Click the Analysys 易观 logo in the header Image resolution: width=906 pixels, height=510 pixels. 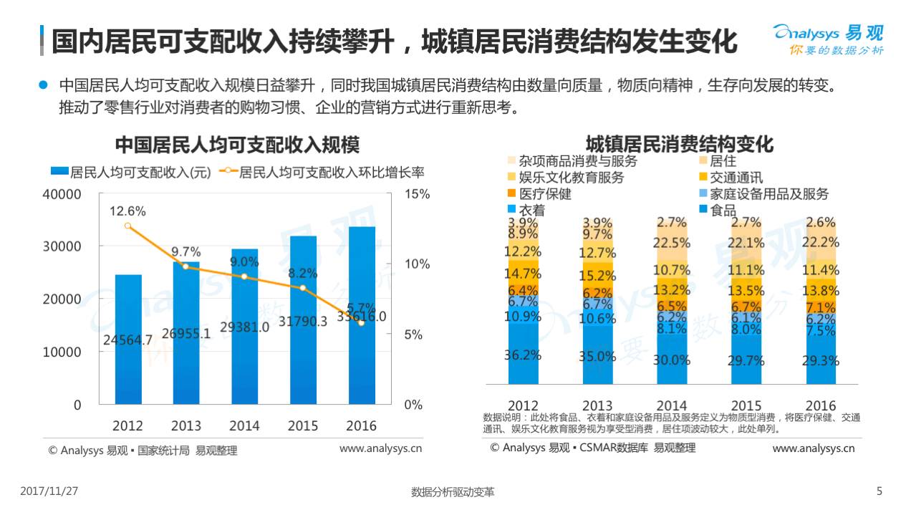coord(828,39)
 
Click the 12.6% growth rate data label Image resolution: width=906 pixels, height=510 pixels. coord(128,211)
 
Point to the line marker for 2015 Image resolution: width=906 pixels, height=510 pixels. coord(303,288)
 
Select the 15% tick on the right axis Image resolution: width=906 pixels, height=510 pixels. coord(417,194)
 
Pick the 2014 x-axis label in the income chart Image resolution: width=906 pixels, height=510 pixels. coord(245,425)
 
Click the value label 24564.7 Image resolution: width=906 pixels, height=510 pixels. coord(128,340)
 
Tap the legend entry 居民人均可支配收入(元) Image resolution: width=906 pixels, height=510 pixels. coord(131,172)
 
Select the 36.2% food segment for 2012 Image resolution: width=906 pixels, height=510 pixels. coord(523,355)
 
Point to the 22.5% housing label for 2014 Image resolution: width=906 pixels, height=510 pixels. coord(672,243)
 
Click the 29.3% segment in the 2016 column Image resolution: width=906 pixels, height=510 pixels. coord(821,360)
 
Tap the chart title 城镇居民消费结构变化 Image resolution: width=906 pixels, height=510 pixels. coord(679,144)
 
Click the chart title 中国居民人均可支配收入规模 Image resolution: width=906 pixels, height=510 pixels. coord(237,144)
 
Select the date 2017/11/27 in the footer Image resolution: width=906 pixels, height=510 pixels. coord(49,491)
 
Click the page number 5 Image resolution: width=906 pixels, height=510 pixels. coord(880,491)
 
